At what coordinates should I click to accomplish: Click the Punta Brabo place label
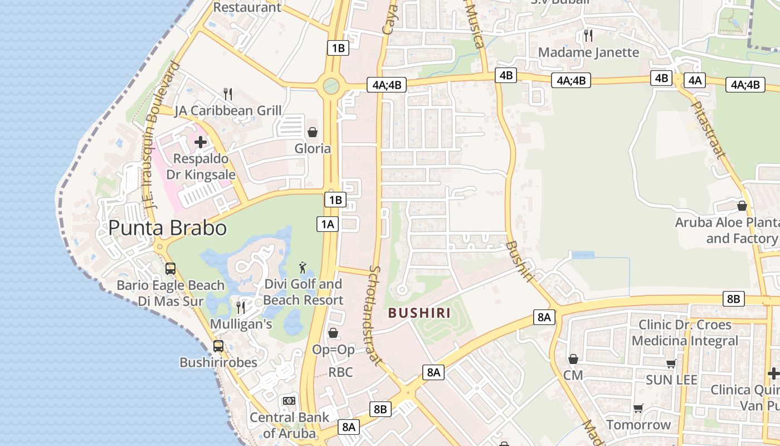tap(167, 228)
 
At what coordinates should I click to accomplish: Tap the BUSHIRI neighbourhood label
tap(420, 313)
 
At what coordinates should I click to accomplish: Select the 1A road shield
tap(328, 224)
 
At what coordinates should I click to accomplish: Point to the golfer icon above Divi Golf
tap(303, 267)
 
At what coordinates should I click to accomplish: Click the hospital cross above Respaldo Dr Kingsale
tap(201, 142)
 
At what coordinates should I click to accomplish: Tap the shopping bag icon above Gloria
tap(313, 132)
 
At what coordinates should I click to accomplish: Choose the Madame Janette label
tap(588, 52)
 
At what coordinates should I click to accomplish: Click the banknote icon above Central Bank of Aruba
tap(289, 401)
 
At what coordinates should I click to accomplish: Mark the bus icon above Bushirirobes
tap(218, 346)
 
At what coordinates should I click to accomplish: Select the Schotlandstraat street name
tap(374, 316)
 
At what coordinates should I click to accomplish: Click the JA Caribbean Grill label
tap(228, 110)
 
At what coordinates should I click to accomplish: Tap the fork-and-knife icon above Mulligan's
tap(241, 307)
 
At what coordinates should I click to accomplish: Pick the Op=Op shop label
tap(333, 350)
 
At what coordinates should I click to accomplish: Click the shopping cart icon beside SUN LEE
tap(671, 363)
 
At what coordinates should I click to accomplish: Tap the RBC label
tap(340, 372)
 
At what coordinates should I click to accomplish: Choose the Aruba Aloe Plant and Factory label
tap(727, 231)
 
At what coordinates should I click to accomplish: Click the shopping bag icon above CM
tap(573, 359)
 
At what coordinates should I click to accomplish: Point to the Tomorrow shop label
tap(638, 425)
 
